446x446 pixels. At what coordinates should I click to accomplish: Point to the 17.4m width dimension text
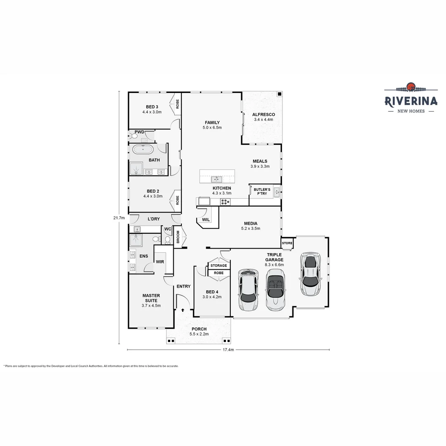click(228, 350)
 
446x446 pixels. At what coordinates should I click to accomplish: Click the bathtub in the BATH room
click(142, 149)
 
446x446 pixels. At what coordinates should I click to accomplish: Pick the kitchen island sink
click(216, 179)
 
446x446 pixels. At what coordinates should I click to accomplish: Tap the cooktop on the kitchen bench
click(225, 202)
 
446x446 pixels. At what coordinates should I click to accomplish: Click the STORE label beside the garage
click(287, 243)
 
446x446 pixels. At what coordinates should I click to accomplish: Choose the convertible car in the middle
click(275, 289)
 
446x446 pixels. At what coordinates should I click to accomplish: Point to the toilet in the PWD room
click(134, 136)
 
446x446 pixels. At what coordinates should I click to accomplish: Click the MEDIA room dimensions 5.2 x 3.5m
click(251, 228)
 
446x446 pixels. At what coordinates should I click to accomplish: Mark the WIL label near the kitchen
click(206, 220)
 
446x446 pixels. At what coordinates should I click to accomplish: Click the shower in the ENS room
click(136, 241)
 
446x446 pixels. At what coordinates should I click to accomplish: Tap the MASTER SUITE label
click(151, 298)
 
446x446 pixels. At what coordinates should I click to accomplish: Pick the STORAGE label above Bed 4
click(218, 266)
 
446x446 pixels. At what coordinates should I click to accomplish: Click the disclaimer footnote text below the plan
click(91, 366)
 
